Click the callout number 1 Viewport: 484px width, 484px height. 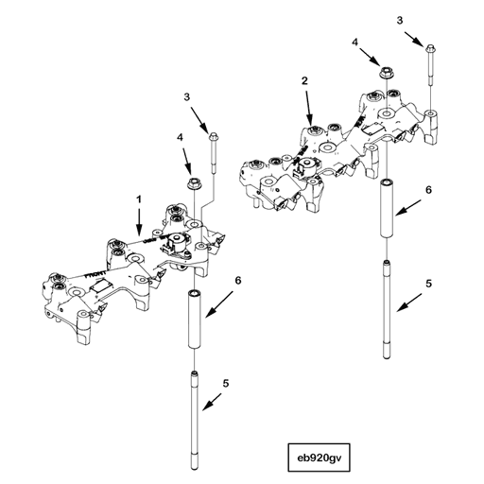pyautogui.click(x=139, y=200)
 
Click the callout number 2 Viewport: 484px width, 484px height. pyautogui.click(x=304, y=82)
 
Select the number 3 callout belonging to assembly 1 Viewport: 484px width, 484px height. pyautogui.click(x=187, y=97)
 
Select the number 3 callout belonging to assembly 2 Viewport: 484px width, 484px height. pyautogui.click(x=399, y=20)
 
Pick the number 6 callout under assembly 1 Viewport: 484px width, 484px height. pyautogui.click(x=237, y=281)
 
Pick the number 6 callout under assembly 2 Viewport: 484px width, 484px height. pyautogui.click(x=428, y=190)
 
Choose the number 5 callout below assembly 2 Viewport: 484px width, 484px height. pyautogui.click(x=427, y=283)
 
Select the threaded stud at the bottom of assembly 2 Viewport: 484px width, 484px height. pyautogui.click(x=386, y=307)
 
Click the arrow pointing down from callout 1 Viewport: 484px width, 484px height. pyautogui.click(x=139, y=223)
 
